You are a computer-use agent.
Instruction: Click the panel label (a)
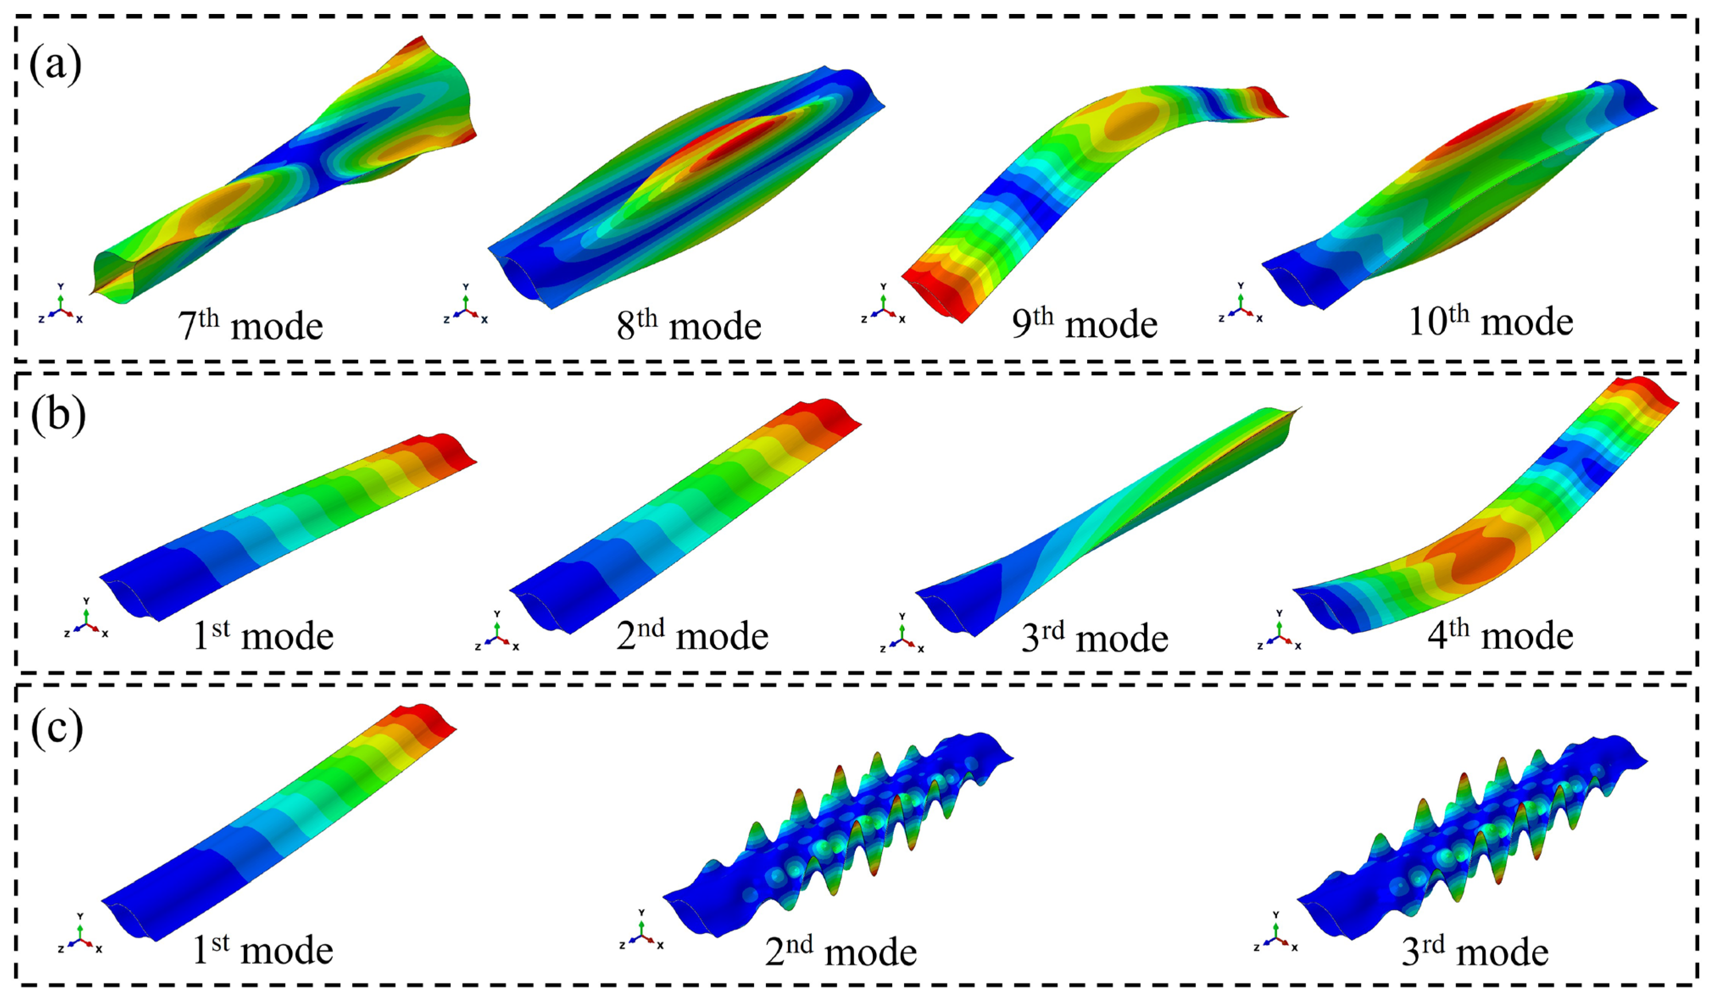pyautogui.click(x=55, y=65)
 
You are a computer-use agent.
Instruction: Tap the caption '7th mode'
pyautogui.click(x=250, y=325)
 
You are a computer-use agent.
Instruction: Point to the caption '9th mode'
pyautogui.click(x=1084, y=323)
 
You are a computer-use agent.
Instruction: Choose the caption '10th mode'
pyautogui.click(x=1491, y=321)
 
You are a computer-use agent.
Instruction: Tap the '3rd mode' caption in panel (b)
pyautogui.click(x=1094, y=637)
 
